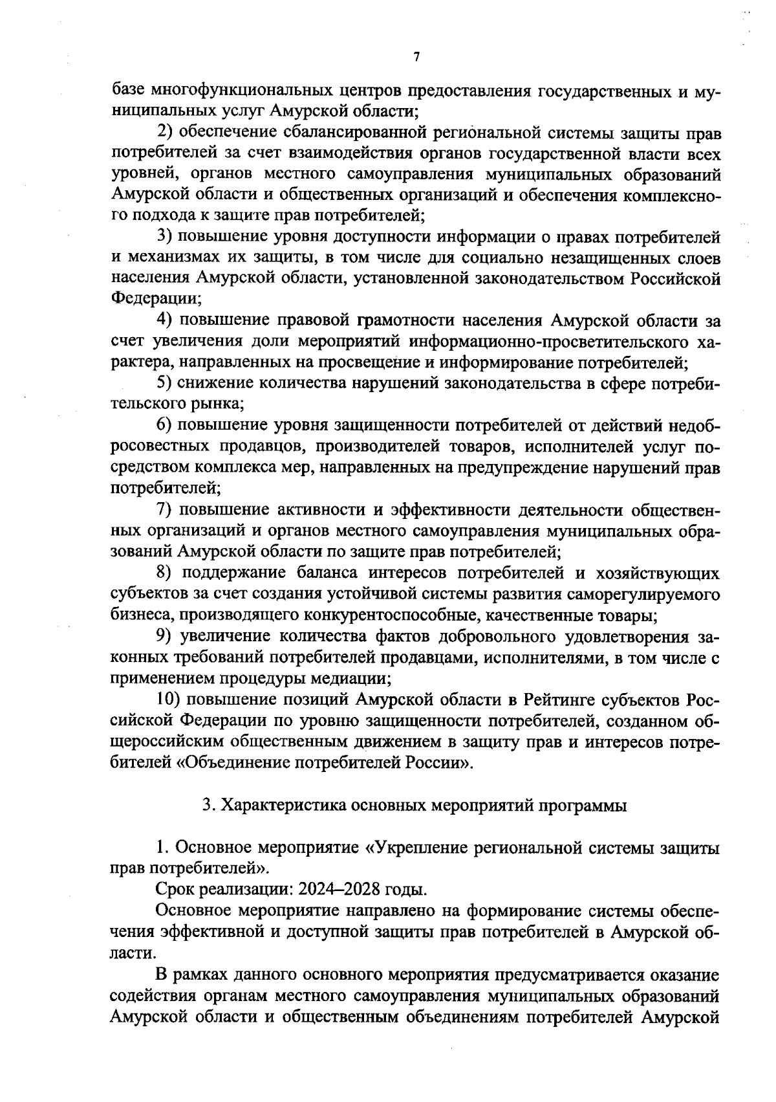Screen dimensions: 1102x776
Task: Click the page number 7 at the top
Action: [416, 58]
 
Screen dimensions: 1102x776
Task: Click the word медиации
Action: [352, 679]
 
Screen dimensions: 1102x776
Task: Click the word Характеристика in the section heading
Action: [280, 806]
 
